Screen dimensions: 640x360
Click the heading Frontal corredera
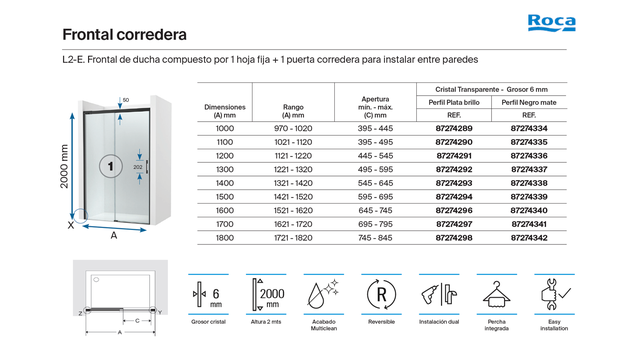coord(125,34)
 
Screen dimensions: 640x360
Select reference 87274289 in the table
coord(454,129)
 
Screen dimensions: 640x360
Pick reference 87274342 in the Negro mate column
coord(529,238)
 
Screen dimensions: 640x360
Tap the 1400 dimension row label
coord(225,184)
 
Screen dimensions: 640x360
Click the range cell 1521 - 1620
coord(292,211)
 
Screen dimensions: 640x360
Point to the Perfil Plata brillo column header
coord(454,102)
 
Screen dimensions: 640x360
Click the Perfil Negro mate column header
coord(529,102)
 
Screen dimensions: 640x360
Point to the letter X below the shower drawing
coord(70,226)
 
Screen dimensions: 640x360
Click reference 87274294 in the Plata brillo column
coord(454,197)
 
